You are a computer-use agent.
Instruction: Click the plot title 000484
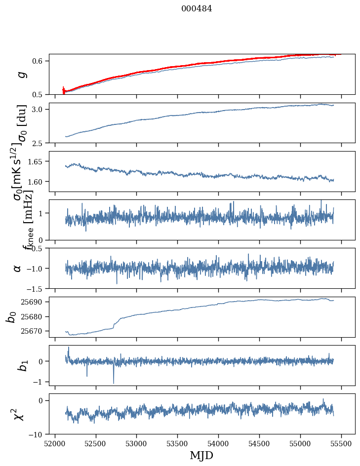[x=197, y=8]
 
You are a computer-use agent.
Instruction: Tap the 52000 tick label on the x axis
[x=55, y=443]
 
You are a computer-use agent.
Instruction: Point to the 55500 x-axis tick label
[x=342, y=443]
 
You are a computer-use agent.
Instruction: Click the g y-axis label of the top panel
[x=21, y=75]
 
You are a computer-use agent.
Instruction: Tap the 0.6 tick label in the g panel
[x=39, y=61]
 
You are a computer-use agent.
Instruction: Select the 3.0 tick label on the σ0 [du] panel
[x=39, y=109]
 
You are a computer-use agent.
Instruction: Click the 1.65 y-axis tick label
[x=36, y=161]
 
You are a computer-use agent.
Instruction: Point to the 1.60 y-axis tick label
[x=36, y=182]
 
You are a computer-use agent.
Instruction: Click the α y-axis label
[x=18, y=268]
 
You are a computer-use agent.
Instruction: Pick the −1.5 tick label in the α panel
[x=35, y=288]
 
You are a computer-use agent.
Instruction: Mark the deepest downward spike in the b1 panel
[x=114, y=383]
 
